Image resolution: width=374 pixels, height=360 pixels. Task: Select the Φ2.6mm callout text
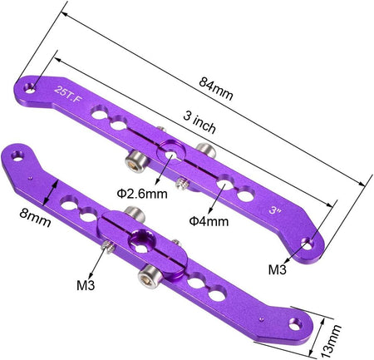(142, 194)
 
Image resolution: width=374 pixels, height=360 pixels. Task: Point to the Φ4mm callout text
(209, 221)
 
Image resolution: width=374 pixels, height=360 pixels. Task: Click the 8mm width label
(35, 218)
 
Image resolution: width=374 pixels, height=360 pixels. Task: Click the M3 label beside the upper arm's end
(277, 269)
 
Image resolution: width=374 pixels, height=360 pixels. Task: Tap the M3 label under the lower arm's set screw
(86, 285)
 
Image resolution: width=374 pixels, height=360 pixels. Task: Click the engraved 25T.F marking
(67, 94)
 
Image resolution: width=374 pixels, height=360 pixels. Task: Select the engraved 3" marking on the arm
(275, 210)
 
